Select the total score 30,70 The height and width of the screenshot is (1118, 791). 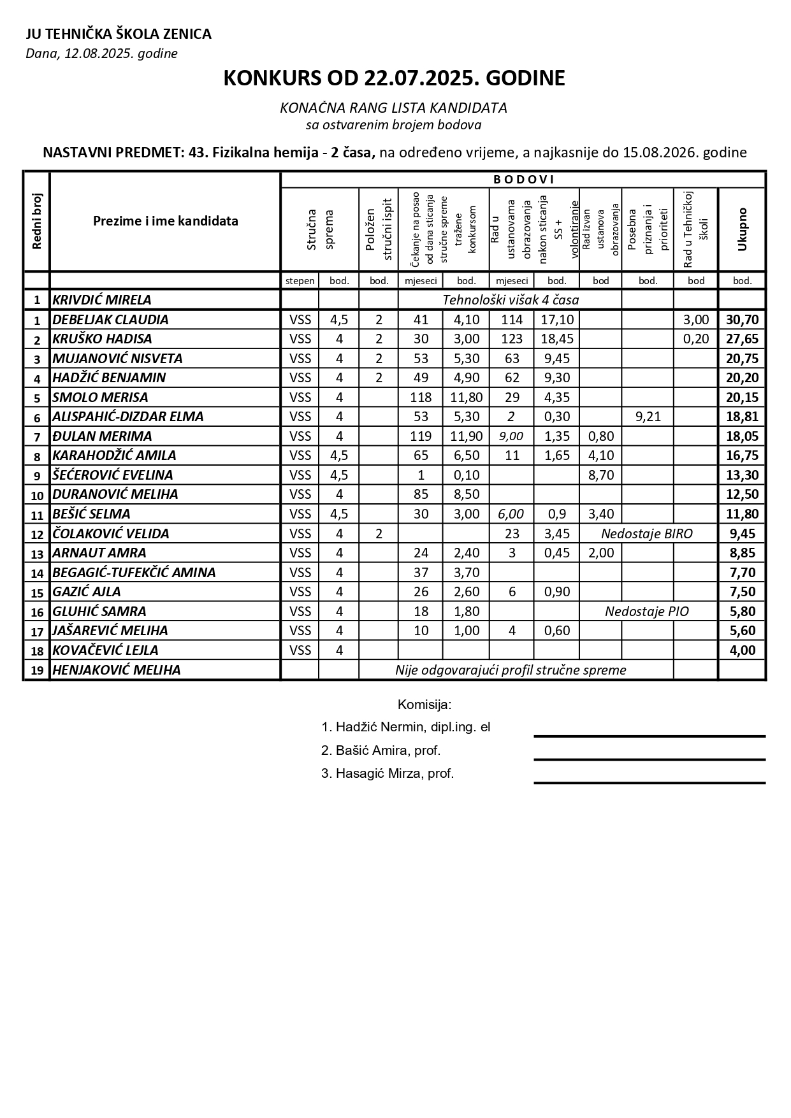pyautogui.click(x=742, y=320)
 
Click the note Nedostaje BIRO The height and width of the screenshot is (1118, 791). pyautogui.click(x=646, y=534)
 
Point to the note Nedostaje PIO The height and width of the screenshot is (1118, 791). pyautogui.click(x=646, y=612)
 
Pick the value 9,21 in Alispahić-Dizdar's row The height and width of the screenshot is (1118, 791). pyautogui.click(x=648, y=417)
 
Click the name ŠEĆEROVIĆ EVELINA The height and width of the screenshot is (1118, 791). pyautogui.click(x=113, y=475)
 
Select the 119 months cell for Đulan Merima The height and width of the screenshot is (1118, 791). pyautogui.click(x=421, y=436)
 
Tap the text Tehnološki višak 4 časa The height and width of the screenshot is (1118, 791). pyautogui.click(x=511, y=299)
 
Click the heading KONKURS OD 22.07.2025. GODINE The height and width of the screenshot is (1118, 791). pyautogui.click(x=394, y=78)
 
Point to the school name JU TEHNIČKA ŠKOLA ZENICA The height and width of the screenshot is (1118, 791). pyautogui.click(x=119, y=34)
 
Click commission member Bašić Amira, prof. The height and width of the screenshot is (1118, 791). pyautogui.click(x=381, y=750)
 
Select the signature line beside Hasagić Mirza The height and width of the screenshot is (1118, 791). pyautogui.click(x=649, y=782)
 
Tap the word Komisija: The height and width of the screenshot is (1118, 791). pyautogui.click(x=425, y=705)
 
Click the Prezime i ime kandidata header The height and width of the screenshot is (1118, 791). pyautogui.click(x=166, y=221)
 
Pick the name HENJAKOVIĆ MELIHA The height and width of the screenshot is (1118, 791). pyautogui.click(x=117, y=670)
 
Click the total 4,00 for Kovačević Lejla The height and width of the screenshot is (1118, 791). pyautogui.click(x=742, y=650)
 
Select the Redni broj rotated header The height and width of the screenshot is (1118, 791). pyautogui.click(x=36, y=221)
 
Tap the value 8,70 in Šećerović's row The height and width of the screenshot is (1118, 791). pyautogui.click(x=600, y=475)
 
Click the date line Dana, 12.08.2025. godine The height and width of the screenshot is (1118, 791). pyautogui.click(x=101, y=54)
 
